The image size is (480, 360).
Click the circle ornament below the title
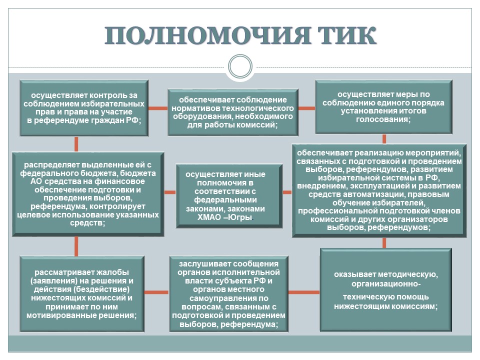[240, 66]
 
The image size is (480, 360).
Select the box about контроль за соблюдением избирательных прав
[84, 108]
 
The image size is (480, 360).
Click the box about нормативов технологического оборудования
[233, 112]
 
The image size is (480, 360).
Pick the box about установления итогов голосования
[383, 107]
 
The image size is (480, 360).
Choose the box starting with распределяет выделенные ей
[88, 194]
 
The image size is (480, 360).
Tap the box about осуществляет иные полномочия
[229, 196]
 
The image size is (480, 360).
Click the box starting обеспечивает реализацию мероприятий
[379, 190]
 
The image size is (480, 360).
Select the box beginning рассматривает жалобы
[82, 294]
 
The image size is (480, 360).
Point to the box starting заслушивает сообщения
[228, 294]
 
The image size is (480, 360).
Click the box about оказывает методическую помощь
[386, 290]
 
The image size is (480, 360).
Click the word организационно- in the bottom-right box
[386, 284]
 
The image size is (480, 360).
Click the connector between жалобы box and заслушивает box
[156, 292]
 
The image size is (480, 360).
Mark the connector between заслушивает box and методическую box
[304, 292]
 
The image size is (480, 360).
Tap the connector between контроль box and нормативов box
[158, 108]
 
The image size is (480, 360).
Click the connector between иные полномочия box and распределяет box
[170, 192]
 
